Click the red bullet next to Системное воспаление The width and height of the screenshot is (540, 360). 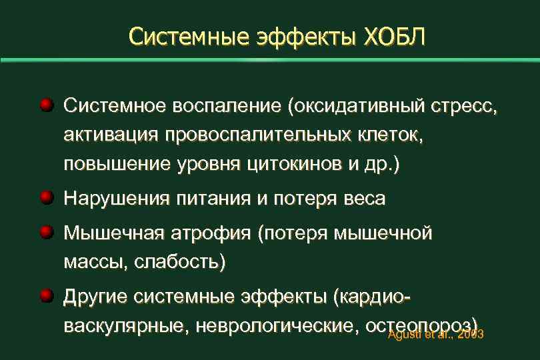[45, 105]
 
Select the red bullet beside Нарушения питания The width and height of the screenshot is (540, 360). [45, 198]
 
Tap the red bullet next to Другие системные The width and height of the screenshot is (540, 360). [45, 295]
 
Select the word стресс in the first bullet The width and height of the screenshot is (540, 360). [469, 107]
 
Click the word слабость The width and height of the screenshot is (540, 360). [177, 263]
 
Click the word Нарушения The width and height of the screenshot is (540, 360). [113, 199]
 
